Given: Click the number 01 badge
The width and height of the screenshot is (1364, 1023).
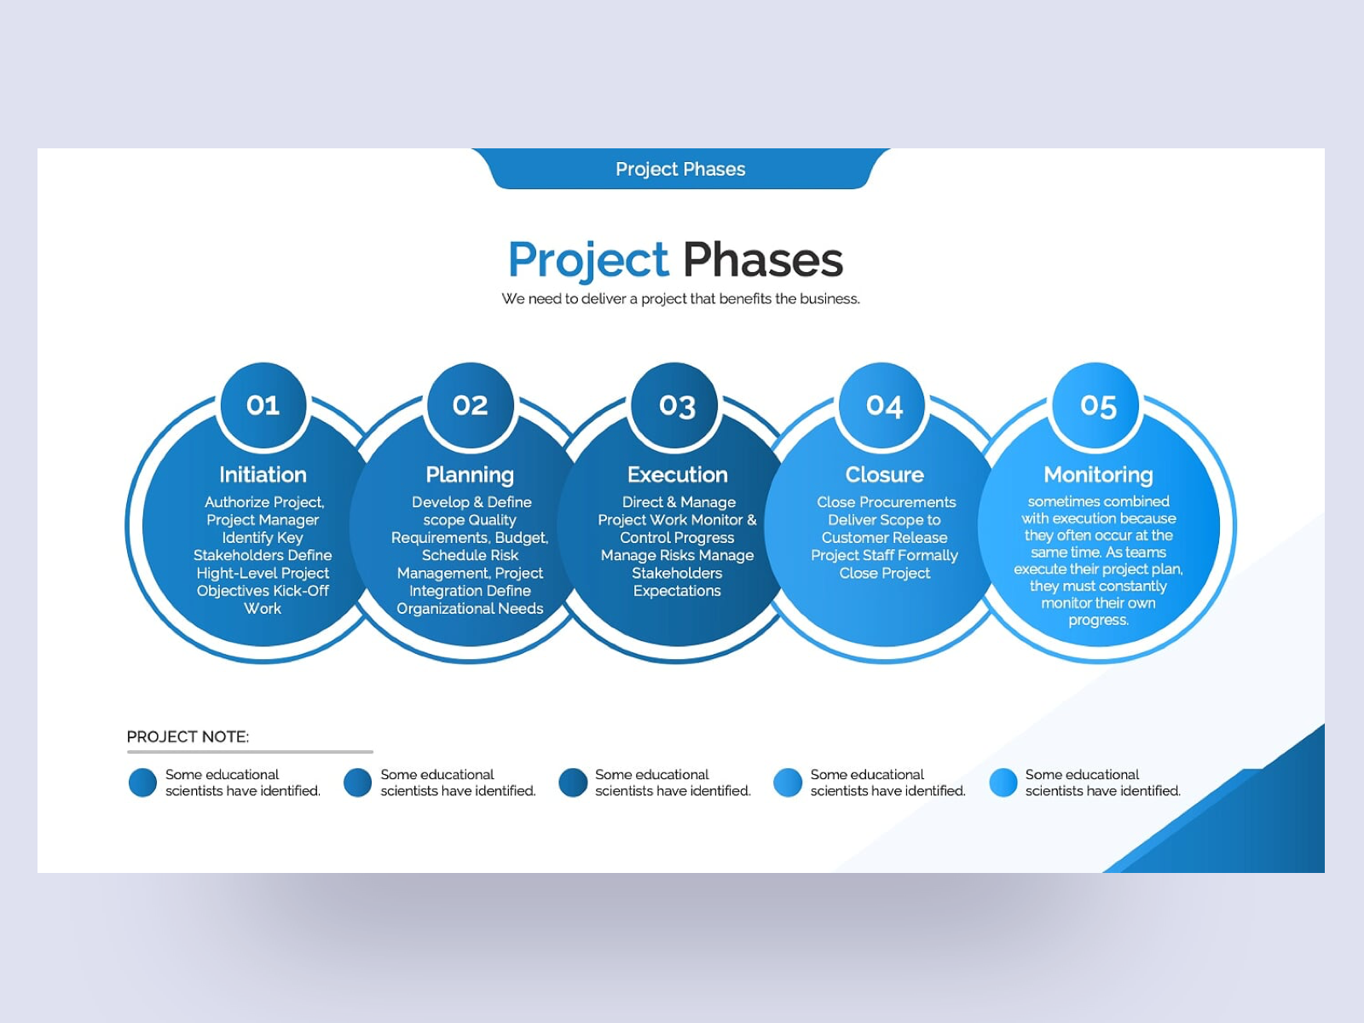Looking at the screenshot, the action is (x=263, y=405).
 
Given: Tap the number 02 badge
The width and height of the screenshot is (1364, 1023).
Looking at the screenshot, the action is (x=471, y=405).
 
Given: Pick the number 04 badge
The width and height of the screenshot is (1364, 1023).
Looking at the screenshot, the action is (x=881, y=405).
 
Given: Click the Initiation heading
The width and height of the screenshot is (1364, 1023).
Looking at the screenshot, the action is (x=263, y=475).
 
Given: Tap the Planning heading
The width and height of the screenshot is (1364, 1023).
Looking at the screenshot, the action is (x=470, y=475).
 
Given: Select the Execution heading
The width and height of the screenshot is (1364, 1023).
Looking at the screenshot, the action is (x=678, y=475).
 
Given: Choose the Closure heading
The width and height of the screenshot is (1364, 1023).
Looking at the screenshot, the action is (x=884, y=475).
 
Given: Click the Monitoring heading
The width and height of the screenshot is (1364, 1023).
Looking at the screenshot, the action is (x=1098, y=475).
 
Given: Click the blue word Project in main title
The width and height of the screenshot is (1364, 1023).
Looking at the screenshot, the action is (x=588, y=261).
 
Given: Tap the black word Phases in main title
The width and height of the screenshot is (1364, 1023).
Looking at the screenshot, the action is (x=763, y=259).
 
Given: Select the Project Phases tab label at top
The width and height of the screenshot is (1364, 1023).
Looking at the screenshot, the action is (x=680, y=169).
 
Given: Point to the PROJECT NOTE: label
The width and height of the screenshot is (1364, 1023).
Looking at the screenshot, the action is (x=188, y=737).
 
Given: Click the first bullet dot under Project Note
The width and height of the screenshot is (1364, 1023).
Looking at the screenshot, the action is (x=142, y=783).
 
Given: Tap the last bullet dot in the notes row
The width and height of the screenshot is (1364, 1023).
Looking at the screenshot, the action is (x=1003, y=783).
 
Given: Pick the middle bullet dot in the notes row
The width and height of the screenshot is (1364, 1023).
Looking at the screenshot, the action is (x=573, y=783).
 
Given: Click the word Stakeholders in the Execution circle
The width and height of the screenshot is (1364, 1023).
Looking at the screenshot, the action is (x=677, y=573).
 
